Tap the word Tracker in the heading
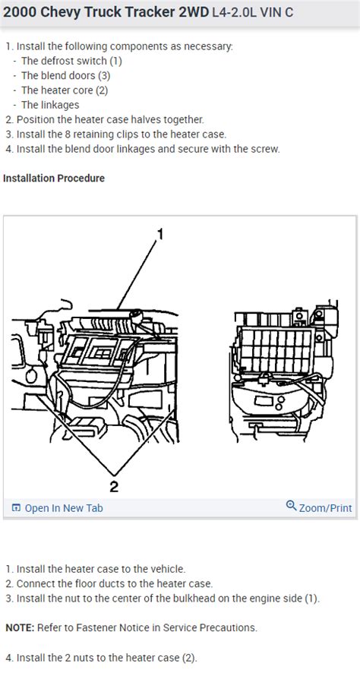141,12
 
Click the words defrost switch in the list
75,61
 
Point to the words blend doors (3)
76,75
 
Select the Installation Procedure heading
54,178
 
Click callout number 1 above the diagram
159,235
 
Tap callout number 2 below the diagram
114,485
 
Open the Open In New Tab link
64,508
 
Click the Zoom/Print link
326,507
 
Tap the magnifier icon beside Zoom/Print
291,507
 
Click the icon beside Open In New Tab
16,508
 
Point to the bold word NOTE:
18,628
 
